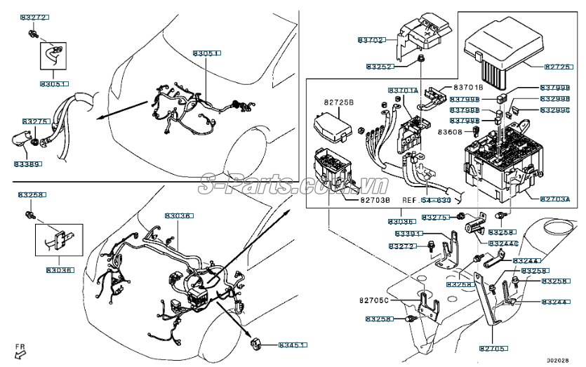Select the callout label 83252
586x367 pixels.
pos(380,67)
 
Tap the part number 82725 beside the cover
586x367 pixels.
pos(559,67)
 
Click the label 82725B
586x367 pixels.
pos(339,102)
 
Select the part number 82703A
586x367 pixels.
pos(556,200)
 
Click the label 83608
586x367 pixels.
pos(450,131)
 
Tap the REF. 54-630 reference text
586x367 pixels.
pos(426,200)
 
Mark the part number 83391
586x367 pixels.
pos(408,234)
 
